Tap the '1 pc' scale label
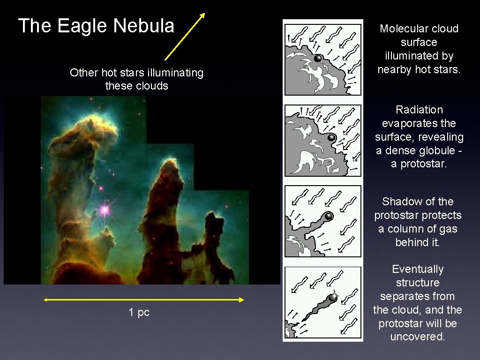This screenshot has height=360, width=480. (x=139, y=313)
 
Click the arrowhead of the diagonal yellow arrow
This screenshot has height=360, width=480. (x=202, y=15)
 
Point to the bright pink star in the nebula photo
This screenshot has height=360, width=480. (x=105, y=210)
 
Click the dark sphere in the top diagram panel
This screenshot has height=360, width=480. (x=318, y=59)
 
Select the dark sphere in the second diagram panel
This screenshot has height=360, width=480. (x=331, y=138)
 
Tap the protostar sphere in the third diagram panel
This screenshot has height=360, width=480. (x=329, y=216)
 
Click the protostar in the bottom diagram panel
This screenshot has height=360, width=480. (x=333, y=297)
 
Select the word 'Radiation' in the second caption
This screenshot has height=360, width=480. (x=419, y=110)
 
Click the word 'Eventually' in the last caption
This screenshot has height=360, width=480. (x=417, y=269)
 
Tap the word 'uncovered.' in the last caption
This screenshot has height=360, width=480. (x=417, y=337)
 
